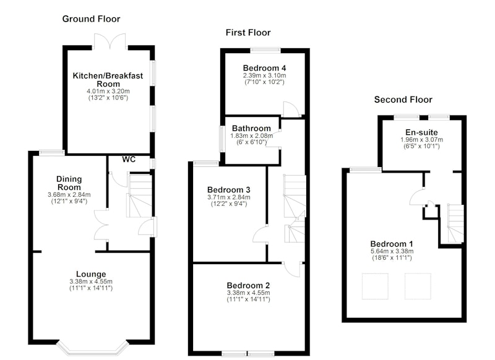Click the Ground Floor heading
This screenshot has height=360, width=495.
[91, 19]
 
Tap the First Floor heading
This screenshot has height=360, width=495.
[248, 33]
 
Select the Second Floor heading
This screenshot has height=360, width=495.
[403, 100]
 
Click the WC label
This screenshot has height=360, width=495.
[129, 160]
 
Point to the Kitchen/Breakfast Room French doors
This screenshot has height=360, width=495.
[110, 41]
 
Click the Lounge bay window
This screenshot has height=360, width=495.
[93, 348]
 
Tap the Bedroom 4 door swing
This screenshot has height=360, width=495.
[290, 109]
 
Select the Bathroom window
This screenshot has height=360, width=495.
[222, 139]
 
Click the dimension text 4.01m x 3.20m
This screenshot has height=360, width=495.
[108, 91]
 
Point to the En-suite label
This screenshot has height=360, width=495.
[421, 132]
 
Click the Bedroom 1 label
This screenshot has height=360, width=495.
[392, 244]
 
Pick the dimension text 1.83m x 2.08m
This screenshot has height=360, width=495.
[252, 136]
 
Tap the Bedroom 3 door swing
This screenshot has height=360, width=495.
[260, 234]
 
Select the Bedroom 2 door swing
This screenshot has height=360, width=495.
[291, 269]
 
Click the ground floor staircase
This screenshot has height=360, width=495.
[139, 195]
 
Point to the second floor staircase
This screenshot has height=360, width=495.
[455, 223]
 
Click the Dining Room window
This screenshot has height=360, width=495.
[52, 153]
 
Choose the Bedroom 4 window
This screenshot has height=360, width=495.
[265, 51]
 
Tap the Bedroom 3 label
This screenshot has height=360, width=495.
[228, 190]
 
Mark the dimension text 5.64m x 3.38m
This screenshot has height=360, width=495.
[392, 252]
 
